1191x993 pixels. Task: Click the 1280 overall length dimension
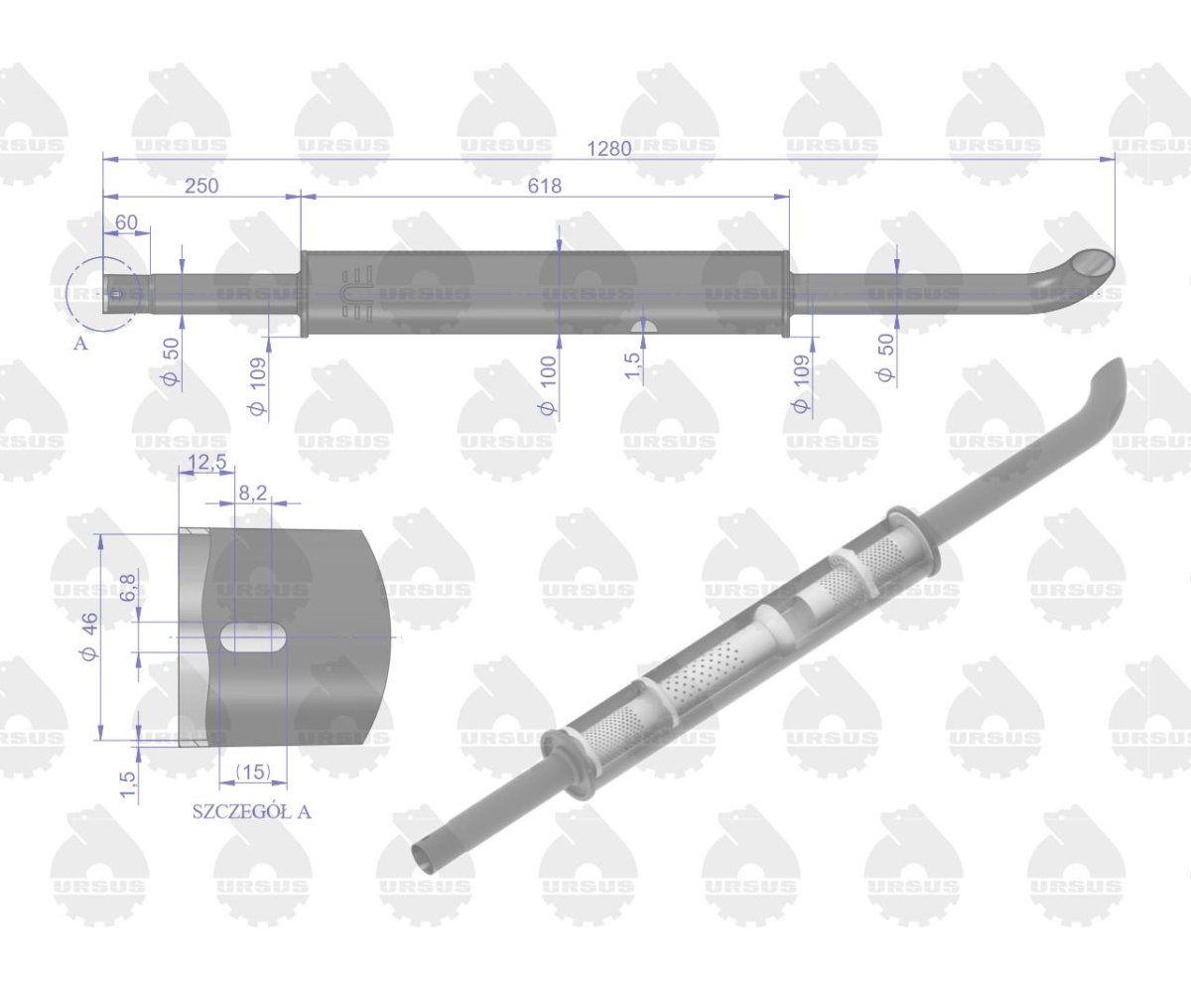(608, 148)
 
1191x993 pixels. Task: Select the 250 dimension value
(199, 186)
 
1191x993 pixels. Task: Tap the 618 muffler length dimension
(544, 186)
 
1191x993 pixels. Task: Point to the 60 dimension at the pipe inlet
(127, 222)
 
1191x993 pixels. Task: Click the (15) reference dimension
(253, 772)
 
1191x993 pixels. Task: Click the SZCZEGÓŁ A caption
(251, 811)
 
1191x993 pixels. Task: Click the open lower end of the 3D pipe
(424, 855)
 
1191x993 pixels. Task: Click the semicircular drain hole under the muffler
(644, 328)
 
